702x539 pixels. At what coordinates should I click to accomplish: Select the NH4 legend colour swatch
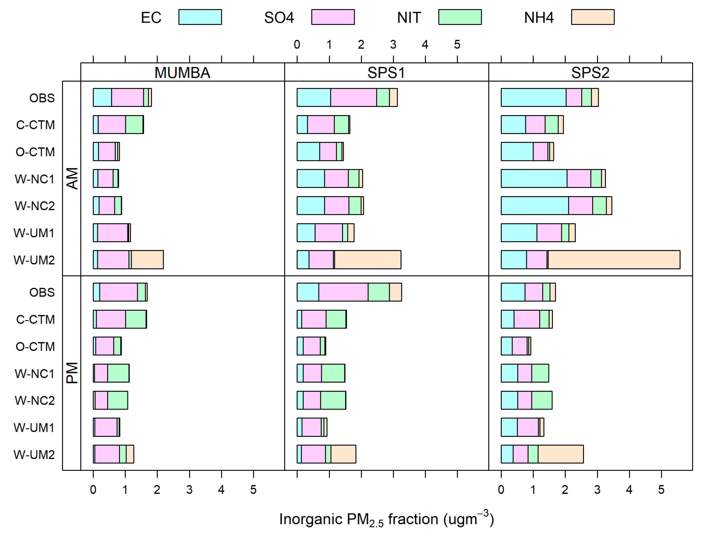coord(592,17)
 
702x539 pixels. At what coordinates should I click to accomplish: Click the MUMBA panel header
coord(182,73)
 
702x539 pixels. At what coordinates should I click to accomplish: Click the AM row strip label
coord(72,178)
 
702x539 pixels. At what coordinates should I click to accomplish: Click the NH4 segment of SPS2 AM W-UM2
coord(613,260)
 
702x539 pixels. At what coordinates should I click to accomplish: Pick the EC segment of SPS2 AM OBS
coord(533,97)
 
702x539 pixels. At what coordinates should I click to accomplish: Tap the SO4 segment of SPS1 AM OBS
coord(353,97)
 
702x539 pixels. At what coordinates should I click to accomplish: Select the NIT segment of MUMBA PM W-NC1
coord(118,373)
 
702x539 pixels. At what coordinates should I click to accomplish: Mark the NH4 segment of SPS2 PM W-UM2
coord(560,454)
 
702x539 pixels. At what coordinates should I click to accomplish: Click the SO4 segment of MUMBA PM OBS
coord(118,292)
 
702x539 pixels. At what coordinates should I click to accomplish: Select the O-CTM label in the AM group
coord(35,152)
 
